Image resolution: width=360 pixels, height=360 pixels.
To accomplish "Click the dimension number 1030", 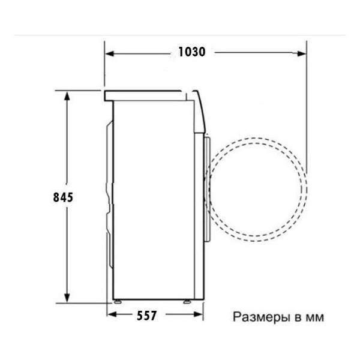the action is point(192,52).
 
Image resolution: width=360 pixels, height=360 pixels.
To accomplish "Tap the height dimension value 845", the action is point(63,197).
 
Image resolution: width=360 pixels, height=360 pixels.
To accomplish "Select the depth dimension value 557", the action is point(147,316).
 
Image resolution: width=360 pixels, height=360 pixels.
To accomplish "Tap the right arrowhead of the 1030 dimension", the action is point(302,54).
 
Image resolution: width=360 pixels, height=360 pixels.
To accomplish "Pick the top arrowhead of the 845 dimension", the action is point(67,95).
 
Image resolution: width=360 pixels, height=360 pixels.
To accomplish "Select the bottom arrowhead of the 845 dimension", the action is point(67,298).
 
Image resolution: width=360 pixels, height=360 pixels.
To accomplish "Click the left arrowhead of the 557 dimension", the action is point(112,314).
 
